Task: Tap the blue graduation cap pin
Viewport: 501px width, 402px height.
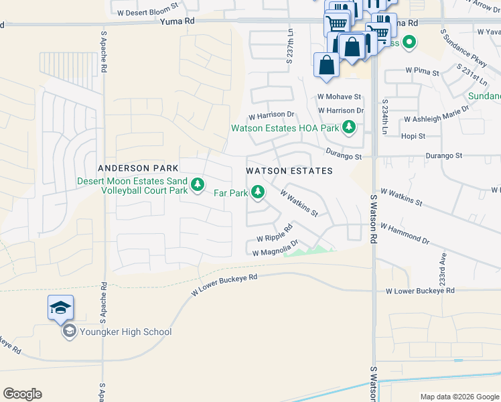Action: click(x=60, y=308)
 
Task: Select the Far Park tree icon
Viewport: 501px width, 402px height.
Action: click(x=257, y=194)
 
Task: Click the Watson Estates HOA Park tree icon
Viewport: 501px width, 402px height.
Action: click(x=348, y=127)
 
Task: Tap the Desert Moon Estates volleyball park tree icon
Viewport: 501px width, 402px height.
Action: click(x=198, y=184)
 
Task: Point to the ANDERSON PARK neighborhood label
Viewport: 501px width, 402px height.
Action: click(x=137, y=168)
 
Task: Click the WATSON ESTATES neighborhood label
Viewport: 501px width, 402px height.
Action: click(x=289, y=171)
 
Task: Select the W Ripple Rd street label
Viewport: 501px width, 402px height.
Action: click(x=275, y=235)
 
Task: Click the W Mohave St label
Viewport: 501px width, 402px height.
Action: click(x=339, y=96)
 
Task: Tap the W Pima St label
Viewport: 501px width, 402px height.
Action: click(x=422, y=71)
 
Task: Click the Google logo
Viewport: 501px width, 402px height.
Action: click(x=22, y=394)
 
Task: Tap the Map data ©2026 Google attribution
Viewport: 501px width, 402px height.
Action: click(x=459, y=397)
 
